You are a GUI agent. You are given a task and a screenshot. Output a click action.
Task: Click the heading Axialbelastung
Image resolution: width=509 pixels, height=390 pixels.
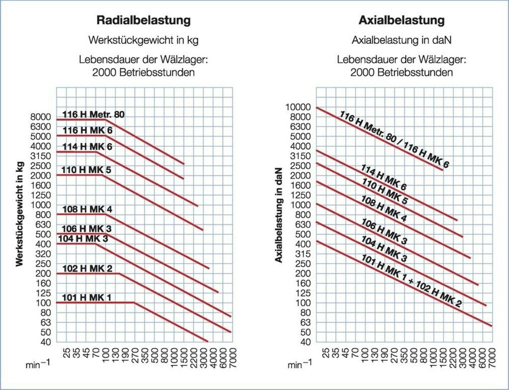(x=401, y=21)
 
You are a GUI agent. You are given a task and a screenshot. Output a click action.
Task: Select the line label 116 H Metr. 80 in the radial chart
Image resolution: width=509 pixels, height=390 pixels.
(x=93, y=114)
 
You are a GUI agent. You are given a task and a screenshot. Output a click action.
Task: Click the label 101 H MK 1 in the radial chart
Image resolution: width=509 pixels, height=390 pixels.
(x=86, y=298)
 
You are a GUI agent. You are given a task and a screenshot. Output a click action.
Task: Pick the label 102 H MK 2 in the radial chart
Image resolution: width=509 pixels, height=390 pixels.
(x=87, y=269)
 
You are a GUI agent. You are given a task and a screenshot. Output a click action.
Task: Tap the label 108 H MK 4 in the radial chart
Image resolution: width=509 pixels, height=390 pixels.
(x=87, y=209)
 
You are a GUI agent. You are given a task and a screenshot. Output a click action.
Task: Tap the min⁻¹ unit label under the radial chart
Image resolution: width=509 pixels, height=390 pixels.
(x=38, y=365)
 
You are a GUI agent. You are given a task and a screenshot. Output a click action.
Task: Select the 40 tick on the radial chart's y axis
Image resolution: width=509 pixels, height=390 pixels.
(x=46, y=342)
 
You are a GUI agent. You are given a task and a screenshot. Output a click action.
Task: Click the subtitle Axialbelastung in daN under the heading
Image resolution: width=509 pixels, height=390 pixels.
(x=401, y=40)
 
